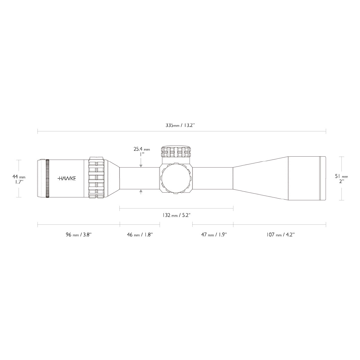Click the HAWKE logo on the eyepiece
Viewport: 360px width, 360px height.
tap(67, 178)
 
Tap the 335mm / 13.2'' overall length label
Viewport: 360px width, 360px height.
tap(180, 125)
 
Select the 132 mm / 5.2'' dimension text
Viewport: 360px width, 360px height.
tap(176, 215)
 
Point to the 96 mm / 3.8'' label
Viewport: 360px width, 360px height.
tap(79, 235)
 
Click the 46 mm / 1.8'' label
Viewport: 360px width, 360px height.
tap(140, 235)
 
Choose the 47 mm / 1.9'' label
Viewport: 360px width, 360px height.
tap(214, 235)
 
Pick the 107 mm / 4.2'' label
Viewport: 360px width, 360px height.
tap(280, 235)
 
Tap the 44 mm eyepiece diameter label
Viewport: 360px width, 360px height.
tap(19, 176)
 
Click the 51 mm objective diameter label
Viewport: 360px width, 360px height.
tap(341, 176)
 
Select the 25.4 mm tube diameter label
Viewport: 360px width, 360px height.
tap(142, 149)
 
